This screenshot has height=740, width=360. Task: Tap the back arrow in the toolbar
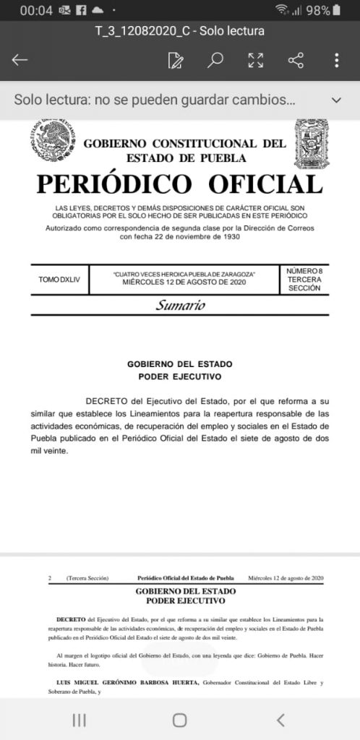coord(20,60)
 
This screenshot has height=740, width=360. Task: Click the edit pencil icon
coord(175,60)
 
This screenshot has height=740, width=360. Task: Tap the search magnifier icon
coord(215,60)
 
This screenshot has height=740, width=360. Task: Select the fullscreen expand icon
coord(256,60)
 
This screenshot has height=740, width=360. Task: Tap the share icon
coord(296,60)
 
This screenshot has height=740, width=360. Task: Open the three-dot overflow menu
coord(337,60)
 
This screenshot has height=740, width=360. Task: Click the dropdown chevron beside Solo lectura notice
coord(335,100)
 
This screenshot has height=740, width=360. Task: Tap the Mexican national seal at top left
coord(53,142)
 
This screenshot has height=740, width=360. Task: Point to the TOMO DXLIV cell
coord(59,280)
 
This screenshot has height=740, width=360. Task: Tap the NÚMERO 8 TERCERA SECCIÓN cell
coord(304,279)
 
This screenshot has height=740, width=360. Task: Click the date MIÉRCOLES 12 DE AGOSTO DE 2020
coord(184,283)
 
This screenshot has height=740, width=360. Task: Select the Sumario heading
coord(180,305)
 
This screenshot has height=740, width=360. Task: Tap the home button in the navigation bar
coord(179,720)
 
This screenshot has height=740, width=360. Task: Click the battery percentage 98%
coord(318,10)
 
